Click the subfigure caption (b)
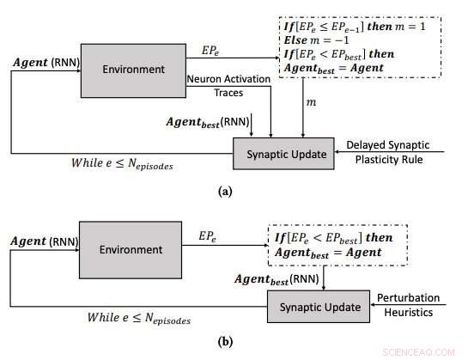click(224, 341)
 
